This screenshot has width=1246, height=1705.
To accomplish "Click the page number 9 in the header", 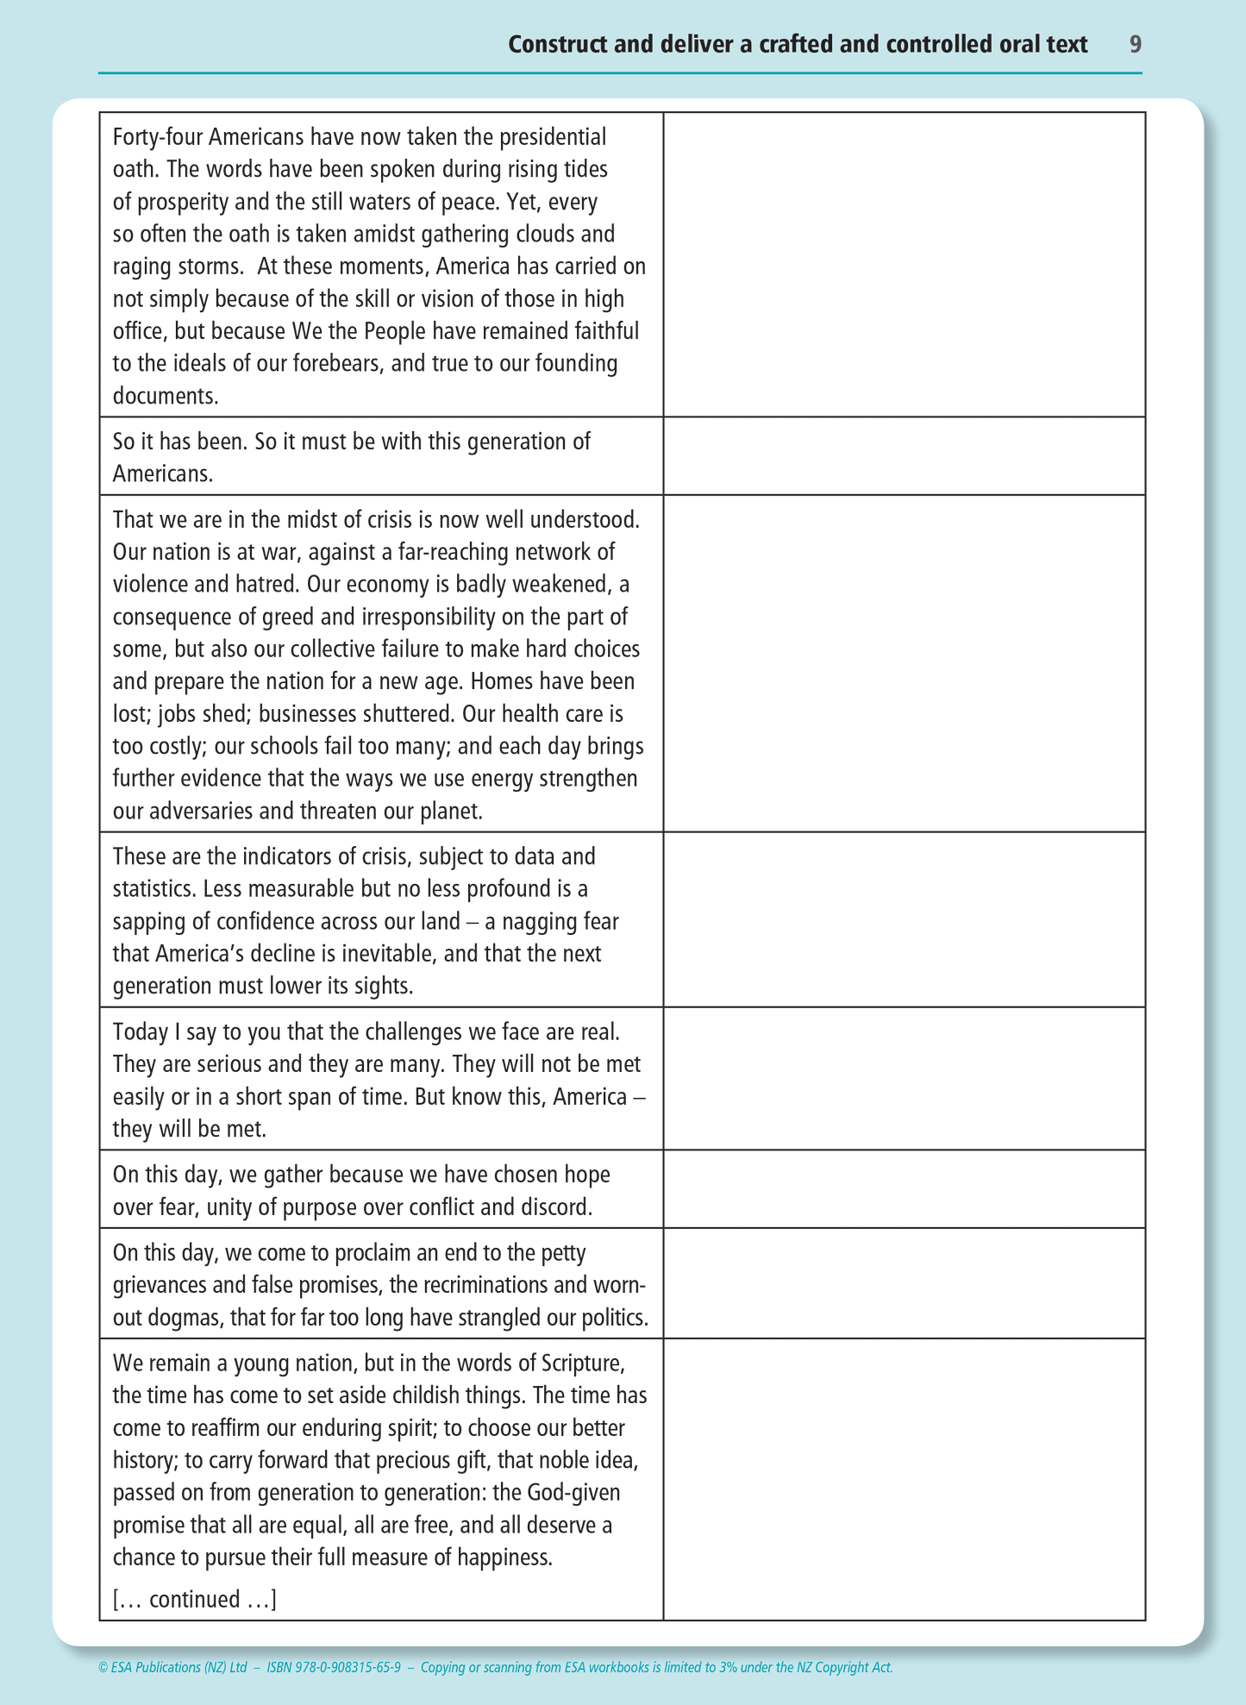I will click(1135, 44).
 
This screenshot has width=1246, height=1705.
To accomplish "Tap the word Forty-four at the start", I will click(158, 137).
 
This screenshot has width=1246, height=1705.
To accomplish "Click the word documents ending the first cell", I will click(164, 396).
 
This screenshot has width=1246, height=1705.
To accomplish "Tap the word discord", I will click(553, 1207).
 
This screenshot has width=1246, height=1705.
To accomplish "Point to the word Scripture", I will click(581, 1363).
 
